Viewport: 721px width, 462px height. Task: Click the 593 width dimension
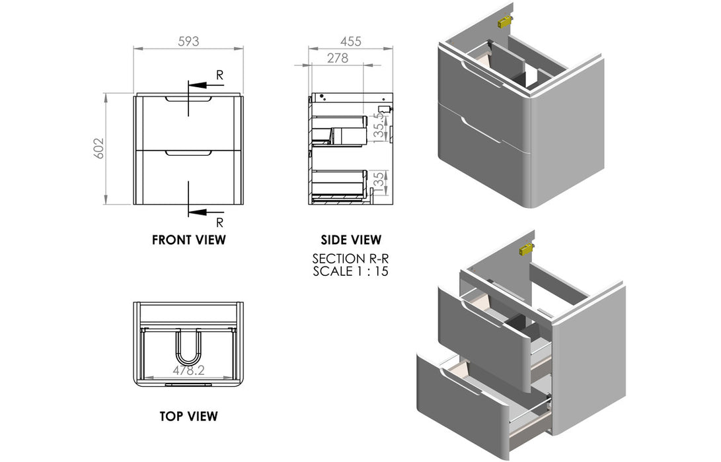click(188, 41)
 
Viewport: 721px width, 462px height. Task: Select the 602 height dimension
click(99, 150)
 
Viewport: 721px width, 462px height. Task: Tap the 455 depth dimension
click(350, 41)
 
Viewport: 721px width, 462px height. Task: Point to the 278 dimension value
click(337, 58)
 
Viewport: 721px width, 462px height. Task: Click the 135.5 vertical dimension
click(378, 125)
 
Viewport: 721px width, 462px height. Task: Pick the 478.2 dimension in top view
click(189, 371)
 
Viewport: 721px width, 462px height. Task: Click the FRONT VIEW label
click(188, 240)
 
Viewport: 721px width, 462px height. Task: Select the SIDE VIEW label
click(350, 240)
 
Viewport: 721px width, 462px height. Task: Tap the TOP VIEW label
click(188, 416)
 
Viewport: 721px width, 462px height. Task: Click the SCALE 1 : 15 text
click(350, 271)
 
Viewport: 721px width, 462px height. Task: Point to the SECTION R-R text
click(350, 259)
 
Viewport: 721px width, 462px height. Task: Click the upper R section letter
click(220, 75)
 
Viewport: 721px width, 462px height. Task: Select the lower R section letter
click(220, 222)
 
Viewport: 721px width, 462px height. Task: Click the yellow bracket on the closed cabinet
click(506, 22)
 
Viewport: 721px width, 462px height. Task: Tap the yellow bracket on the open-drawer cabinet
click(527, 249)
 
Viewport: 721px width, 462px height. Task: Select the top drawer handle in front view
click(188, 100)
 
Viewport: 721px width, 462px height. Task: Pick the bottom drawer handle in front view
click(188, 153)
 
